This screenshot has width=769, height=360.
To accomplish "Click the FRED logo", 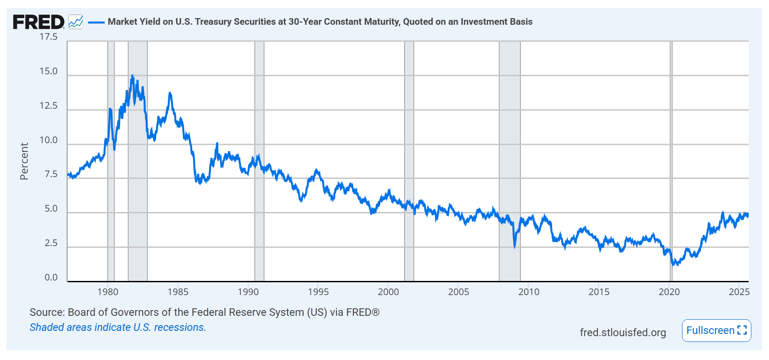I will pyautogui.click(x=38, y=22).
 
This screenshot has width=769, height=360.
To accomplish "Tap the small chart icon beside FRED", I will pyautogui.click(x=76, y=22).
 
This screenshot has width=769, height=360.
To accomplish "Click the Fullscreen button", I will pyautogui.click(x=716, y=330).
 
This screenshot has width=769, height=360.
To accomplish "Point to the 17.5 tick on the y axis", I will pyautogui.click(x=49, y=37).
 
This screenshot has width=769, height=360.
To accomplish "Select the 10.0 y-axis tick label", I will pyautogui.click(x=49, y=140).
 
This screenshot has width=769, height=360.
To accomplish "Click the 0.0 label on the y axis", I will pyautogui.click(x=51, y=277).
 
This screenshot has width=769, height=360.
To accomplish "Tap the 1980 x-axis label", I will pyautogui.click(x=108, y=292).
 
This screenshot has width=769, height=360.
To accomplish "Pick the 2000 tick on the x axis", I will pyautogui.click(x=388, y=292).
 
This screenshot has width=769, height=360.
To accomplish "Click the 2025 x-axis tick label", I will pyautogui.click(x=739, y=292).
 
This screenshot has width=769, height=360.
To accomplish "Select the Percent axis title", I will pyautogui.click(x=24, y=161).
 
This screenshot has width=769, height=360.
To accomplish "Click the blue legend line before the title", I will pyautogui.click(x=96, y=22).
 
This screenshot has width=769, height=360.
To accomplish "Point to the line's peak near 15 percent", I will pyautogui.click(x=132, y=76).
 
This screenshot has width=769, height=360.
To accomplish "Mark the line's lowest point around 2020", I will pyautogui.click(x=673, y=265).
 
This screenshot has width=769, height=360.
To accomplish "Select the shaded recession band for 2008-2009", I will pyautogui.click(x=509, y=133).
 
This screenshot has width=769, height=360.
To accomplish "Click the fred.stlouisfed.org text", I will pyautogui.click(x=622, y=332).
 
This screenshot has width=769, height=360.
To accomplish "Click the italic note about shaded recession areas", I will pyautogui.click(x=117, y=327).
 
